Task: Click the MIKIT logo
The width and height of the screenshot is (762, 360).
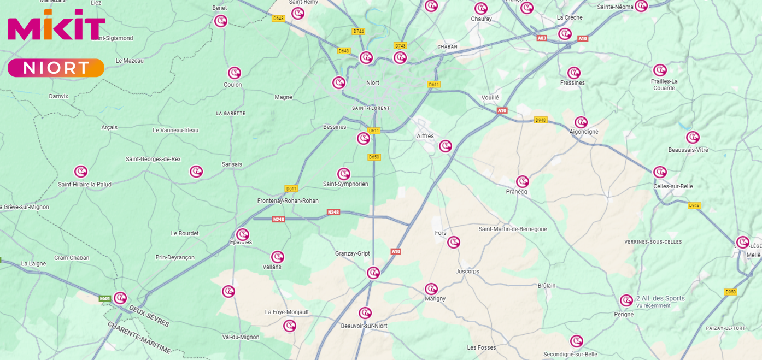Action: coord(56,25)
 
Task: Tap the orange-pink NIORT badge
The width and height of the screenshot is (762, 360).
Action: coord(56,68)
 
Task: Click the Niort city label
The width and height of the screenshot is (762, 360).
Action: coord(372,83)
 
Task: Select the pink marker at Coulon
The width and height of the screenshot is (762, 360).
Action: coord(234,73)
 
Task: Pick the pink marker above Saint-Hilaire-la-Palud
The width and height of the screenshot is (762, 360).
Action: coord(81,172)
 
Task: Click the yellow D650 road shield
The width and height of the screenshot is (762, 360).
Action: coord(374,157)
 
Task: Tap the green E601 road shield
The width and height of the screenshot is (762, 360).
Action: coord(105,299)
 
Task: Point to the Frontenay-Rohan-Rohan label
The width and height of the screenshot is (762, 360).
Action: coord(288,201)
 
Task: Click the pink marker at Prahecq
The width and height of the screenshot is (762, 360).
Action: coord(523,181)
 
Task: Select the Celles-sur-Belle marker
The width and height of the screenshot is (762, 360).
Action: coord(660,172)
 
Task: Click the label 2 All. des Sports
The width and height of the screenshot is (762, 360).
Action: coord(660,298)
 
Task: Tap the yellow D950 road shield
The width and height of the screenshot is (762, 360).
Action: coord(730,292)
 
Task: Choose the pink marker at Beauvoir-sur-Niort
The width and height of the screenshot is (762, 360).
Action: coord(365,313)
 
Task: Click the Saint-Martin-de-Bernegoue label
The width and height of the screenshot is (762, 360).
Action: coord(512,229)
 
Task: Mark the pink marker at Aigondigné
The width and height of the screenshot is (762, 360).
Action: coord(581,122)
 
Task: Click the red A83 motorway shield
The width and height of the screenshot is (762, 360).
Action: coord(542,38)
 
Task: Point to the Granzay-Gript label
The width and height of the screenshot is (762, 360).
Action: coord(352,253)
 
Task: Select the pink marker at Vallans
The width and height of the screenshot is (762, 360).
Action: coord(278,257)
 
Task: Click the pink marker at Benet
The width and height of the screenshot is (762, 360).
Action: coord(220,21)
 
